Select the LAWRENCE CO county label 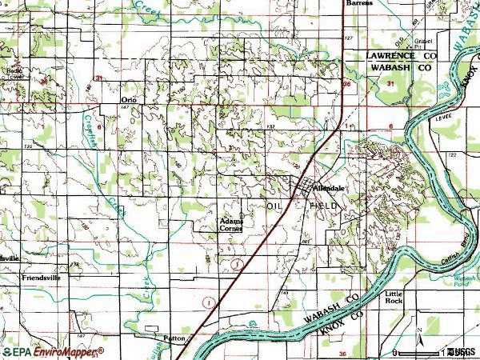click(402, 57)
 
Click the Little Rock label click(416, 298)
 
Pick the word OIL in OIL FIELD click(276, 206)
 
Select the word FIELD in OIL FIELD click(325, 206)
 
